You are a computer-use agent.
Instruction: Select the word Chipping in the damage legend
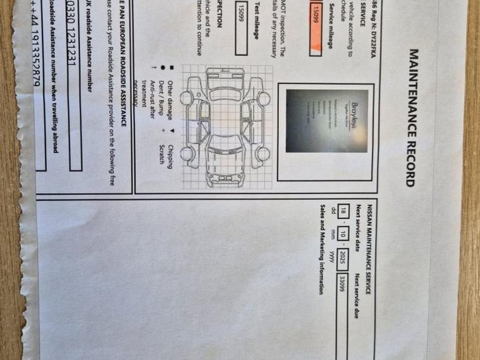click(x=170, y=154)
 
